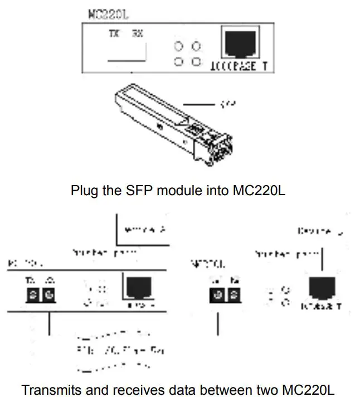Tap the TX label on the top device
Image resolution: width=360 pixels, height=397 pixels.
point(114,33)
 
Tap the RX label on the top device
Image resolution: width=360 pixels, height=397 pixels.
point(137,33)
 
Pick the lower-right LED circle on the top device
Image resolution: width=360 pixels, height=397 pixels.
point(196,61)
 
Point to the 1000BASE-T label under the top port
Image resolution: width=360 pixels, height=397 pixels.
point(240,67)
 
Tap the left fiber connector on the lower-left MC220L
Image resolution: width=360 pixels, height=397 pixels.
point(34,293)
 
